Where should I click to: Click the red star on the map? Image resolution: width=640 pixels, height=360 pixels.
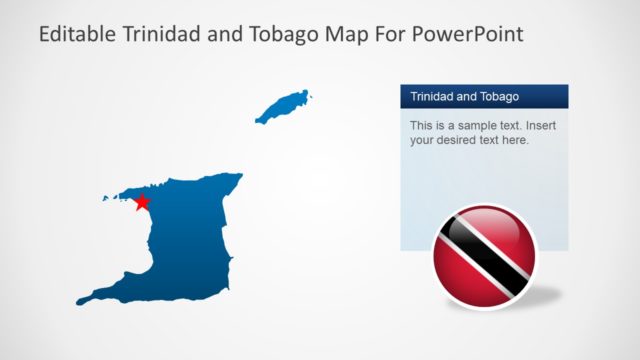(x=142, y=202)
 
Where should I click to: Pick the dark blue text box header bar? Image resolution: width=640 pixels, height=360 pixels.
(x=484, y=97)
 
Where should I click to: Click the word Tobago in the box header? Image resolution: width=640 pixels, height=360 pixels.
(x=497, y=97)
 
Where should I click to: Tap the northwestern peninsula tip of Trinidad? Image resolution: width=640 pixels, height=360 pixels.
(x=106, y=198)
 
